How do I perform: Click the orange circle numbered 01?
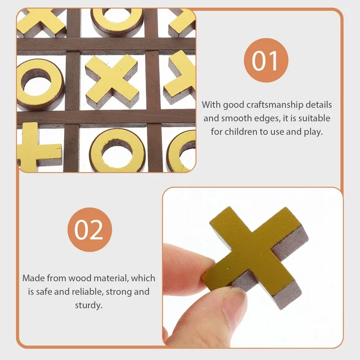265,61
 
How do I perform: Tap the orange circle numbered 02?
89,229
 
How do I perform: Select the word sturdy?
88,305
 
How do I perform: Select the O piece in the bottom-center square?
117,150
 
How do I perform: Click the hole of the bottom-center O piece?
117,148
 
